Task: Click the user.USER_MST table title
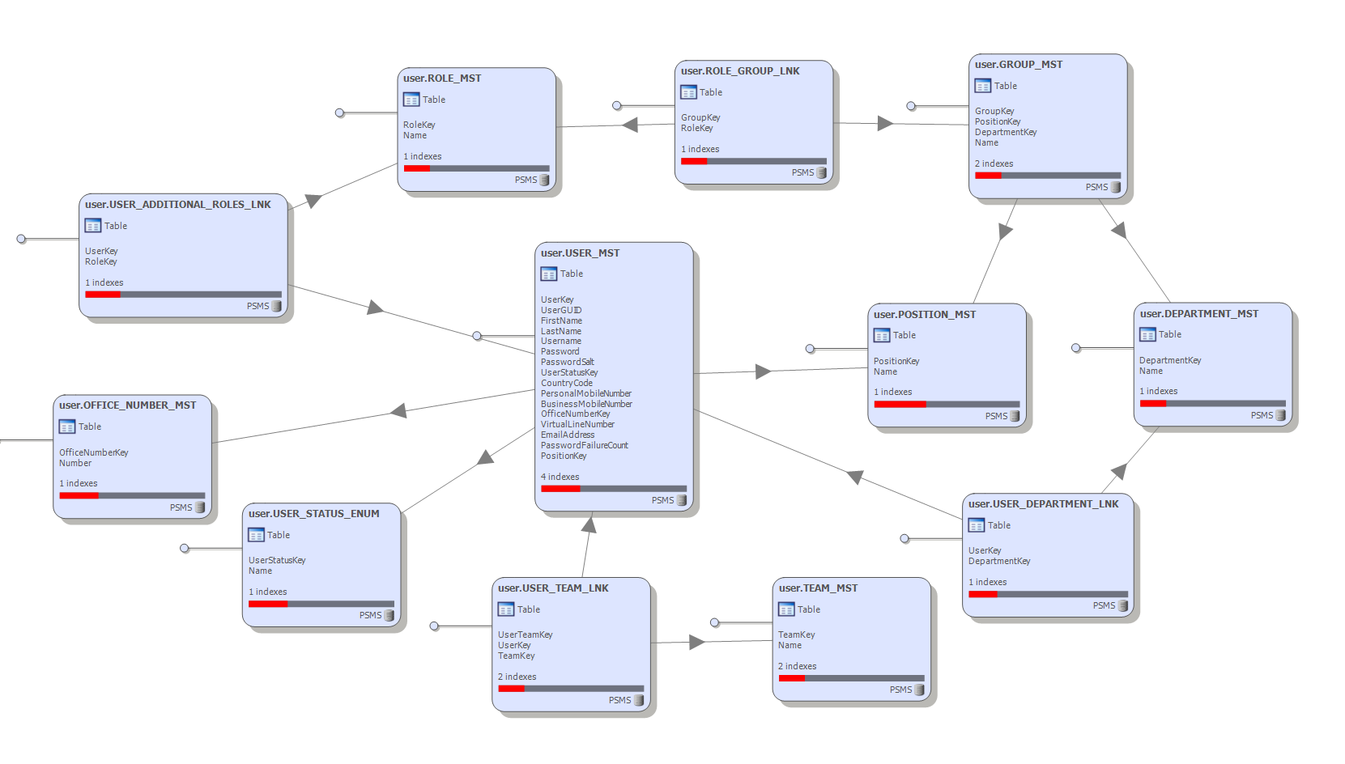tap(580, 253)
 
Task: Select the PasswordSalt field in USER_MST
tap(567, 362)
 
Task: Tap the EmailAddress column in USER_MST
tap(567, 435)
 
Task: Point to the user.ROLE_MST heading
tap(442, 79)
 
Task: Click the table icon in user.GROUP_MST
tap(983, 86)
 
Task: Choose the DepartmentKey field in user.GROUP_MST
tap(1005, 132)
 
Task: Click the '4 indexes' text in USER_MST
tap(560, 477)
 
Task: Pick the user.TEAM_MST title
tap(818, 588)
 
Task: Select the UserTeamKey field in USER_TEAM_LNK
tap(525, 635)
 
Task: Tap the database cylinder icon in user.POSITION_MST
tap(1015, 416)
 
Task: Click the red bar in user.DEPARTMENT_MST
tap(1153, 403)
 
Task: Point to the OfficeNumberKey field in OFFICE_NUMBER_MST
tap(93, 452)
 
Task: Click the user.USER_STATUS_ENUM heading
tap(313, 514)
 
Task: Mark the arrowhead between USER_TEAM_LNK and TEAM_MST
tap(697, 642)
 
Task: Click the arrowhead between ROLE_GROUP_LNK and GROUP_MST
tap(885, 123)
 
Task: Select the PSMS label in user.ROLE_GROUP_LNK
tap(802, 172)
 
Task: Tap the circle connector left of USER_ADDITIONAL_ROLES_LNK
tap(22, 239)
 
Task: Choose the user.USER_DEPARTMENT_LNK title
tap(1043, 504)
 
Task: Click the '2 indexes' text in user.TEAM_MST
tap(797, 666)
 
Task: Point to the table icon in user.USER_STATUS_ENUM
tap(257, 535)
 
